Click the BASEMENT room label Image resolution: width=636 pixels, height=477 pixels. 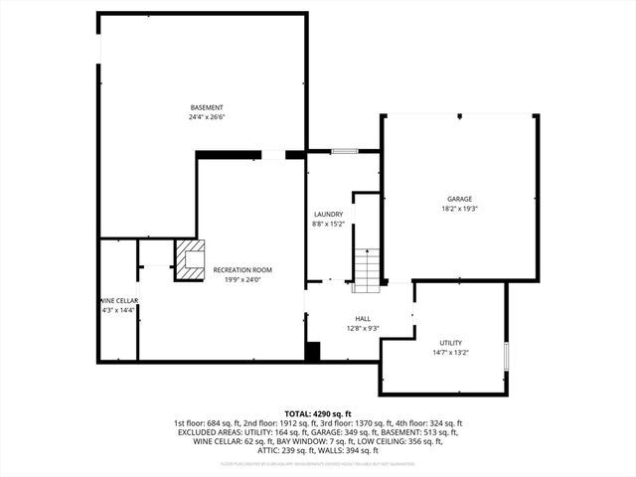207,107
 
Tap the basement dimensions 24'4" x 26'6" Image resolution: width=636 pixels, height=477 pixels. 207,117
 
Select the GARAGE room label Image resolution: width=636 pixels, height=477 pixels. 459,199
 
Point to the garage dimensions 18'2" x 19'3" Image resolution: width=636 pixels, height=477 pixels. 459,209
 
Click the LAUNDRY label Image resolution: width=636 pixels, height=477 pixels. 328,214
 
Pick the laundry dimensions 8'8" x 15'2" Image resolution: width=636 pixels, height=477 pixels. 328,224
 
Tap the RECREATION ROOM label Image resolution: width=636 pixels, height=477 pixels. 242,269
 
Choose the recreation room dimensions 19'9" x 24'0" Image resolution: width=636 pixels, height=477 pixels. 242,279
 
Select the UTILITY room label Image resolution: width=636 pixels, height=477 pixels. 450,343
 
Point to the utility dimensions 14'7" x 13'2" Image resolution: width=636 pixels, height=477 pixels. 450,353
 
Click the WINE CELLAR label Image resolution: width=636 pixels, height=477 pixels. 117,300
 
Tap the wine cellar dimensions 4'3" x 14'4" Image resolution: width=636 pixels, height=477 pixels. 117,310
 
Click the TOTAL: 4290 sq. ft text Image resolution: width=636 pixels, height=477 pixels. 318,413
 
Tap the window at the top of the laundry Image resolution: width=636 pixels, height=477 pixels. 344,151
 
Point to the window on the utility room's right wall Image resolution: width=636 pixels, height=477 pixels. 507,355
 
